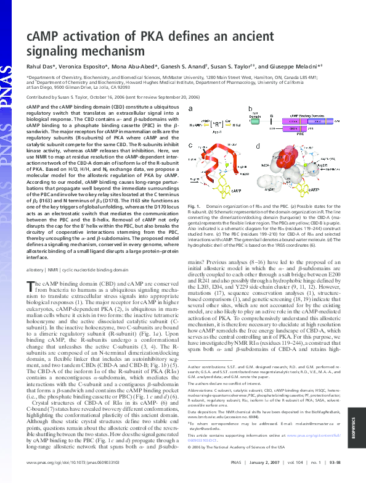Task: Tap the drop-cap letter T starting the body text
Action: click(30, 284)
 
